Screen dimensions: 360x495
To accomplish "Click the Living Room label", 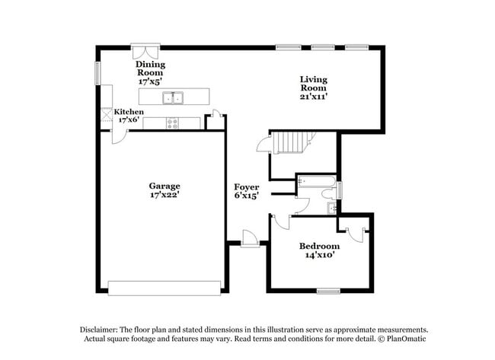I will point(313,80).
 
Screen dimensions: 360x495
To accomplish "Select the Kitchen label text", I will point(129,112).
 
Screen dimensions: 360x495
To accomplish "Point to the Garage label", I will point(164,185).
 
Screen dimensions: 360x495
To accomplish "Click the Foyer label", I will point(246,186).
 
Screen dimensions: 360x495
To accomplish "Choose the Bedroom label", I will point(319,246).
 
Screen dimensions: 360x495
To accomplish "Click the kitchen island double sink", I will point(174,97).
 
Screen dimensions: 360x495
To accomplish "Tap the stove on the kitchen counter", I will point(173,123).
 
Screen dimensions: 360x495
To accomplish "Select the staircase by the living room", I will point(292,142).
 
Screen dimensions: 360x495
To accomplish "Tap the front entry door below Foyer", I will point(249,240).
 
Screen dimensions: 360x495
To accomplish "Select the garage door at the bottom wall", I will point(164,288).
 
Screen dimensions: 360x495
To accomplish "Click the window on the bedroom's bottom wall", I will point(328,291).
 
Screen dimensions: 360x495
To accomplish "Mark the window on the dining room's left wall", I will point(97,74).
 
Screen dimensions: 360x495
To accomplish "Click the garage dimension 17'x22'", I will point(164,195).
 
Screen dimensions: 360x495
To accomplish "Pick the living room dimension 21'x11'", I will point(313,97).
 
